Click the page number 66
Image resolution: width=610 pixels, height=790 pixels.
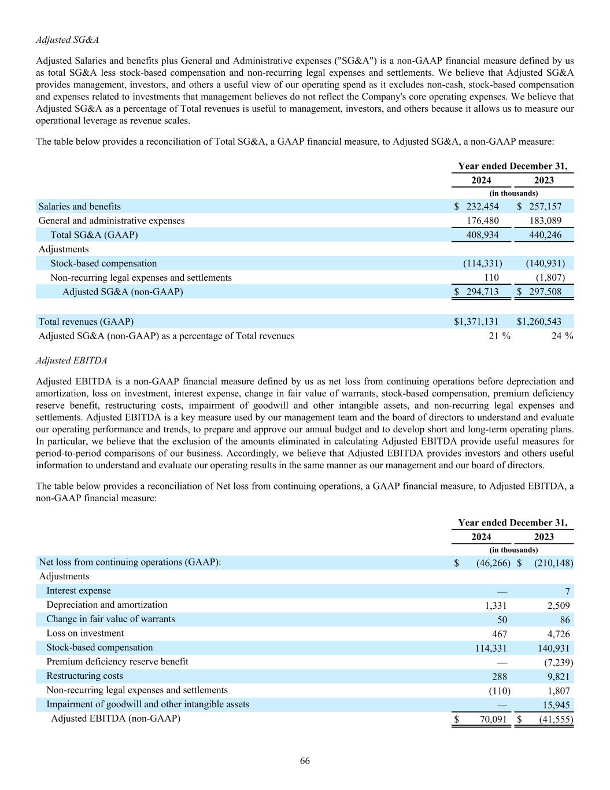(x=305, y=760)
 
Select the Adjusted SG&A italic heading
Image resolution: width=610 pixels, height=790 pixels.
(x=67, y=39)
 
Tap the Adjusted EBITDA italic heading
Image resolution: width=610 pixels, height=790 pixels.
(x=71, y=360)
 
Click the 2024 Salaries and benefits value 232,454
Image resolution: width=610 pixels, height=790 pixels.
(x=482, y=206)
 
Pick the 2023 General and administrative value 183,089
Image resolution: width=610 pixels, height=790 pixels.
(x=545, y=221)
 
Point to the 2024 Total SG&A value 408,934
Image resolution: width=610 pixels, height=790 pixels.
(x=482, y=234)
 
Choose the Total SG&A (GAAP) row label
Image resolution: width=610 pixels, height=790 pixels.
(x=94, y=234)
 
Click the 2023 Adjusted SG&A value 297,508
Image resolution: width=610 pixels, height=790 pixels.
(x=545, y=291)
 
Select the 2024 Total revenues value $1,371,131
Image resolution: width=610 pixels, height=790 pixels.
(x=476, y=321)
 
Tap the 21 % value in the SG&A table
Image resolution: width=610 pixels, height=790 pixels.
(x=499, y=336)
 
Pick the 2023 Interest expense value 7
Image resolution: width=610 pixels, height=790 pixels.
(x=567, y=591)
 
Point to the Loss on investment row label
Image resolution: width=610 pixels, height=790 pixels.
(x=85, y=633)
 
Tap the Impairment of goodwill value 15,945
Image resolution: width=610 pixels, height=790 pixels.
(x=553, y=704)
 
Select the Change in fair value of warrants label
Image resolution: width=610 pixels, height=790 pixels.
(x=110, y=619)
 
